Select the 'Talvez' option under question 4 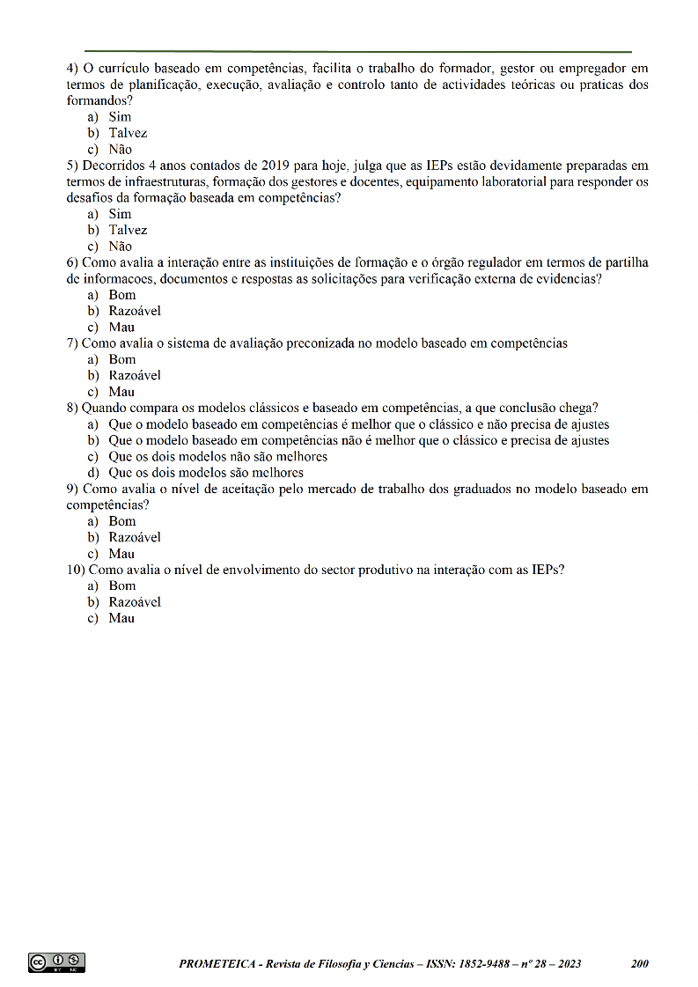(128, 133)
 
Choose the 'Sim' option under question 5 (120, 214)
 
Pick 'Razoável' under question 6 (135, 311)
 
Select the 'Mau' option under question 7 (121, 392)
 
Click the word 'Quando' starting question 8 (104, 408)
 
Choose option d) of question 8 (205, 473)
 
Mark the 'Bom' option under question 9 (122, 521)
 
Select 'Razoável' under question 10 (135, 602)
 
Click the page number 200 (640, 964)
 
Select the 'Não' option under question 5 (121, 247)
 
